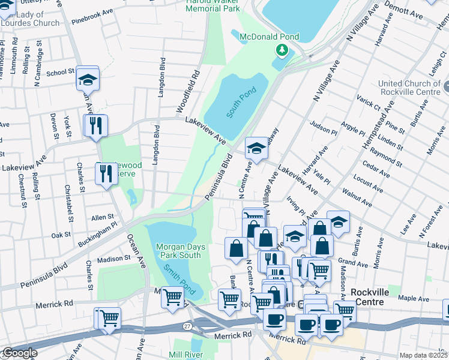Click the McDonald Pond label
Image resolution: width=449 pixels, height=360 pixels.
pyautogui.click(x=269, y=37)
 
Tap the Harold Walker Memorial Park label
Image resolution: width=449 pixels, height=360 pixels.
pyautogui.click(x=213, y=5)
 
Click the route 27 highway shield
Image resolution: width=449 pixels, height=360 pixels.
pyautogui.click(x=187, y=325)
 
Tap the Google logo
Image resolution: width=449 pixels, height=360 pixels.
pyautogui.click(x=19, y=353)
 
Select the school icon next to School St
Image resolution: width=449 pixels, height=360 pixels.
pyautogui.click(x=88, y=78)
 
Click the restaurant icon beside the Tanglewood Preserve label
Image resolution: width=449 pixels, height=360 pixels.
pyautogui.click(x=106, y=174)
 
